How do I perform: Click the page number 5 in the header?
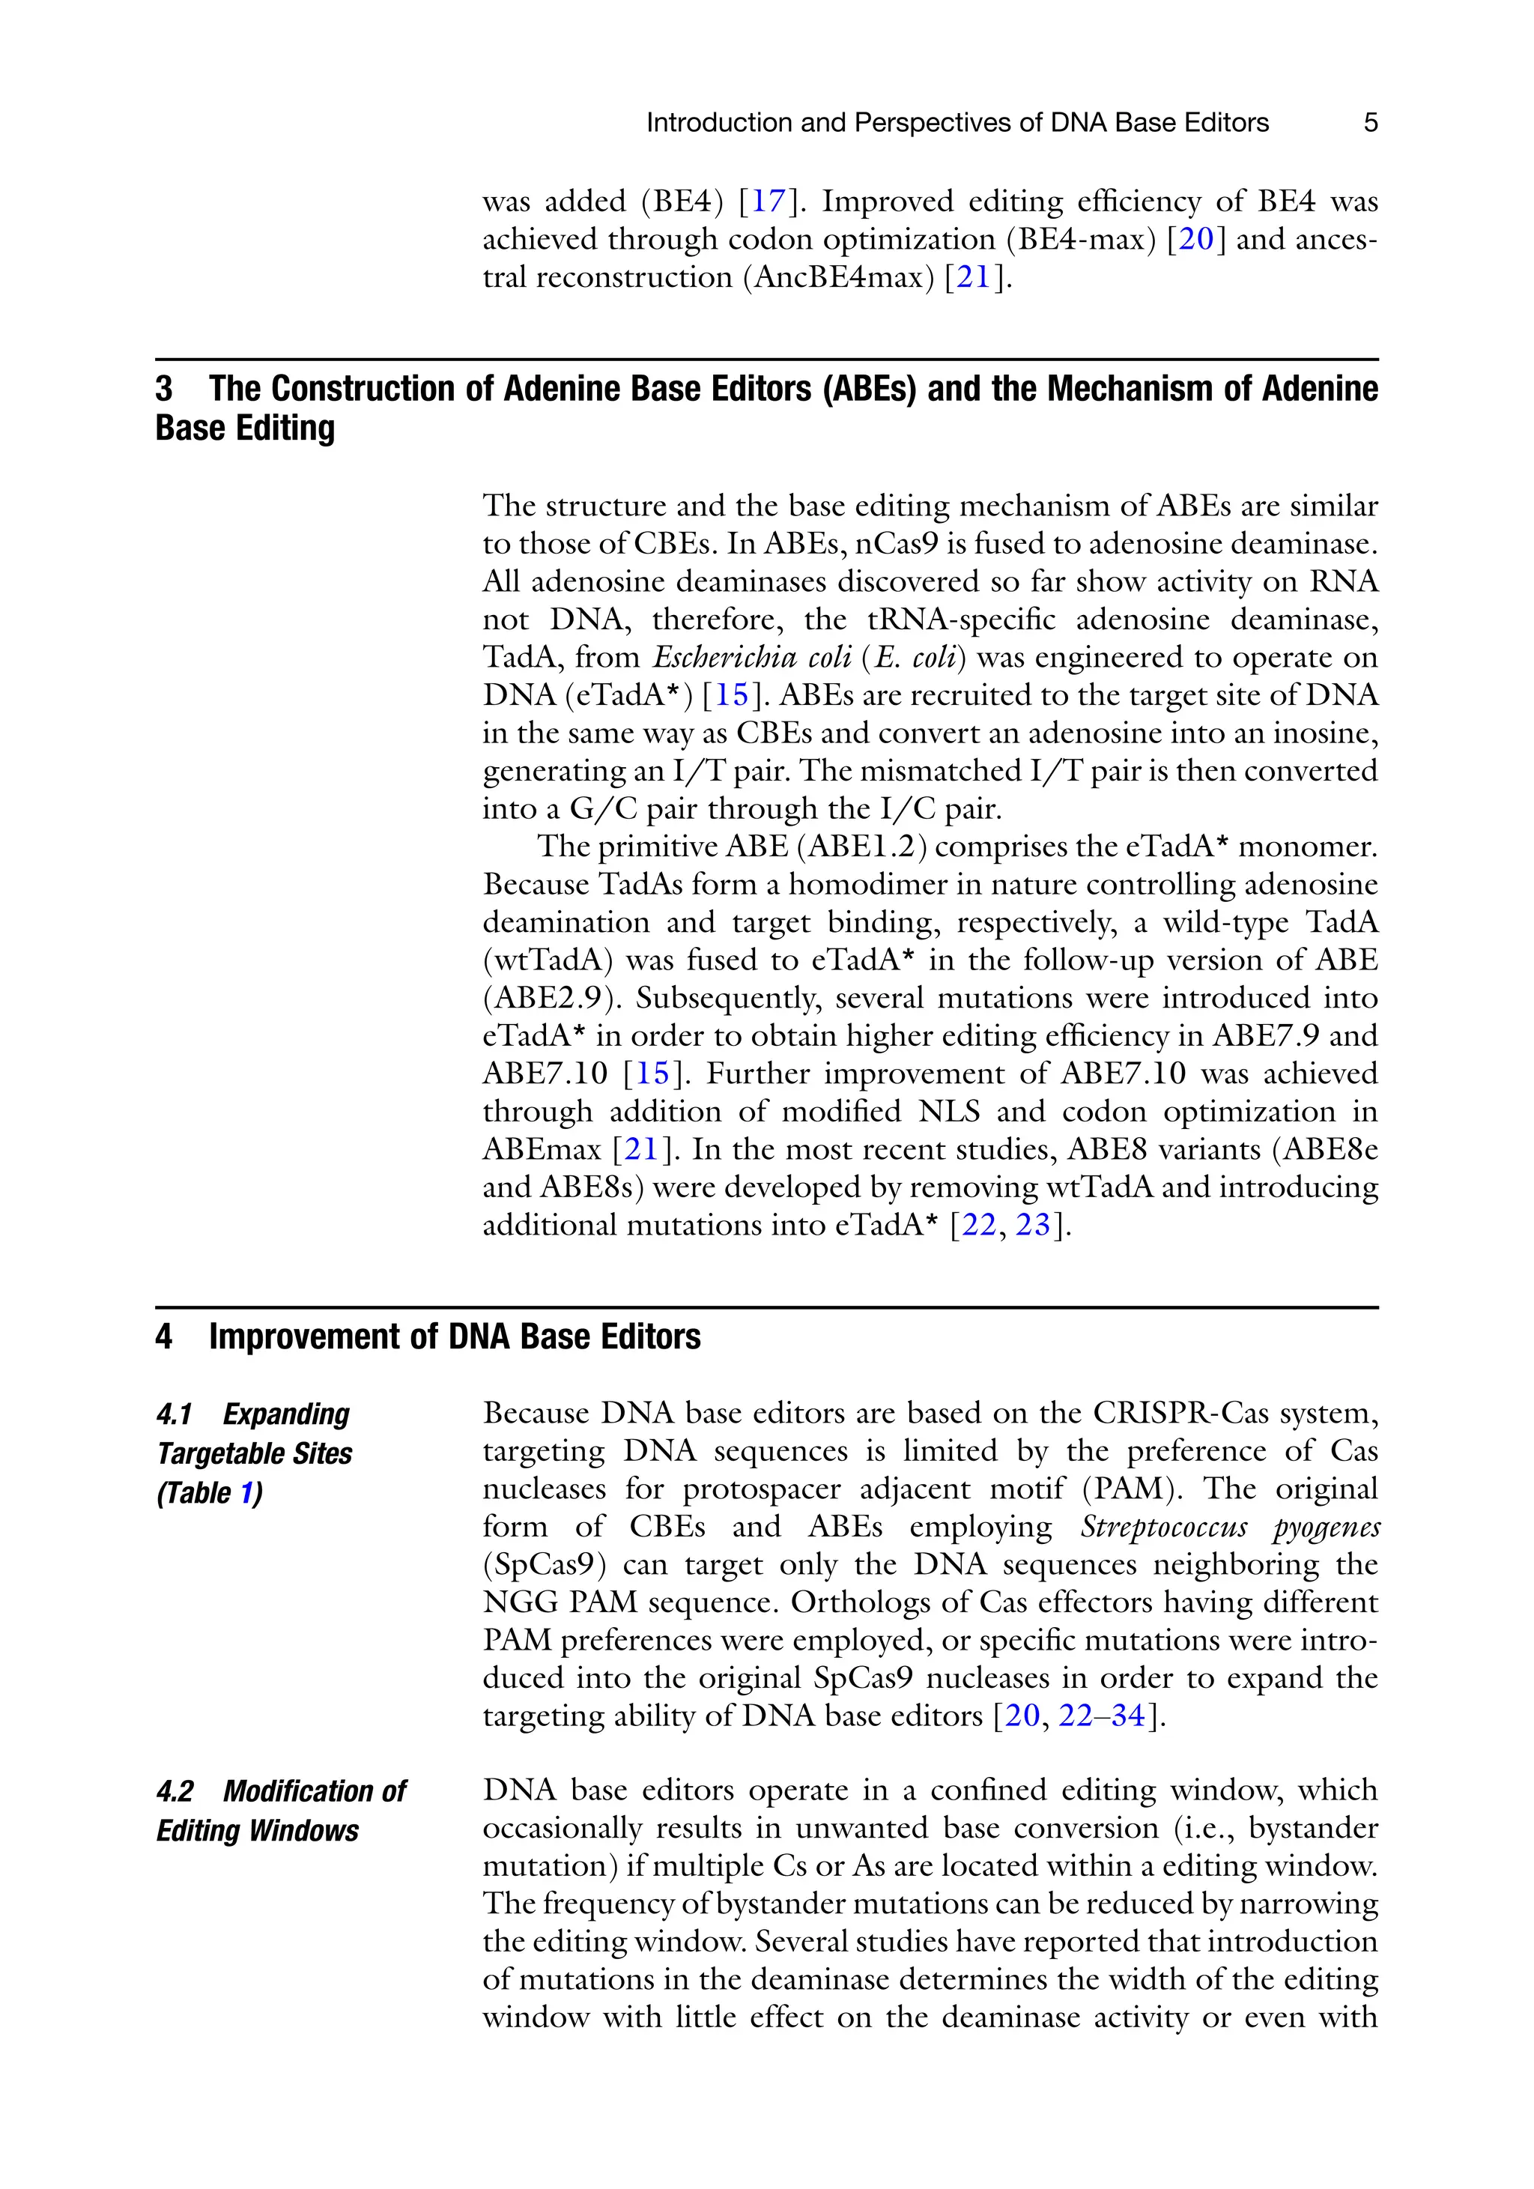point(1370,123)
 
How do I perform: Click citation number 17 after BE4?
point(768,202)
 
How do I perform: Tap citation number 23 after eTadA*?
point(1032,1224)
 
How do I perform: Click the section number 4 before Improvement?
point(164,1336)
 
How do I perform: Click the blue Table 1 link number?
point(246,1493)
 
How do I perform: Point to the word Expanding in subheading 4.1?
point(286,1414)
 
